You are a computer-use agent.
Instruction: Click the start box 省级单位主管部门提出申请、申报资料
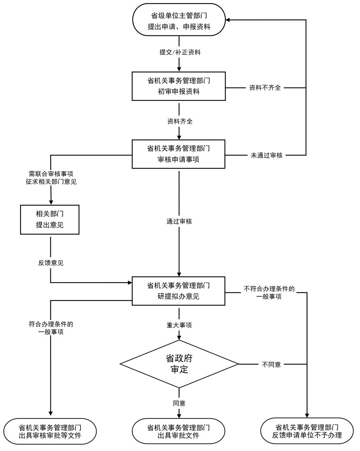(x=179, y=20)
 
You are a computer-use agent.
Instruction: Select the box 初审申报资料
(x=179, y=86)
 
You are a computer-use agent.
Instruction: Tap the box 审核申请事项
(x=178, y=154)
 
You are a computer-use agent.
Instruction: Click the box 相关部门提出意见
(x=50, y=220)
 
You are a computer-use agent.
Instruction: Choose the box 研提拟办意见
(x=178, y=291)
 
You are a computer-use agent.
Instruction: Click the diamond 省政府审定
(x=179, y=364)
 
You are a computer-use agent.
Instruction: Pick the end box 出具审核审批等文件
(x=50, y=431)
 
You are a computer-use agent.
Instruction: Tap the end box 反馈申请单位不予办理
(x=307, y=431)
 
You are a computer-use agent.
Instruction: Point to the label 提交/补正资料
(x=180, y=52)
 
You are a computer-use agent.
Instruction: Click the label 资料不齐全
(x=265, y=88)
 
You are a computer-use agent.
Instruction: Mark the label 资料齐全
(x=180, y=122)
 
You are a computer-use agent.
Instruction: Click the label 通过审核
(x=179, y=222)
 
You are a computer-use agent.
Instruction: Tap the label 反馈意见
(x=51, y=263)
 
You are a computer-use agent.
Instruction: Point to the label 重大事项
(x=179, y=325)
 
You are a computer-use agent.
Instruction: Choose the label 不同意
(x=271, y=364)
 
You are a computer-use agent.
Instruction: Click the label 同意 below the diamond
(x=179, y=403)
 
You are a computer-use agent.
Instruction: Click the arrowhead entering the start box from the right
(x=228, y=20)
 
